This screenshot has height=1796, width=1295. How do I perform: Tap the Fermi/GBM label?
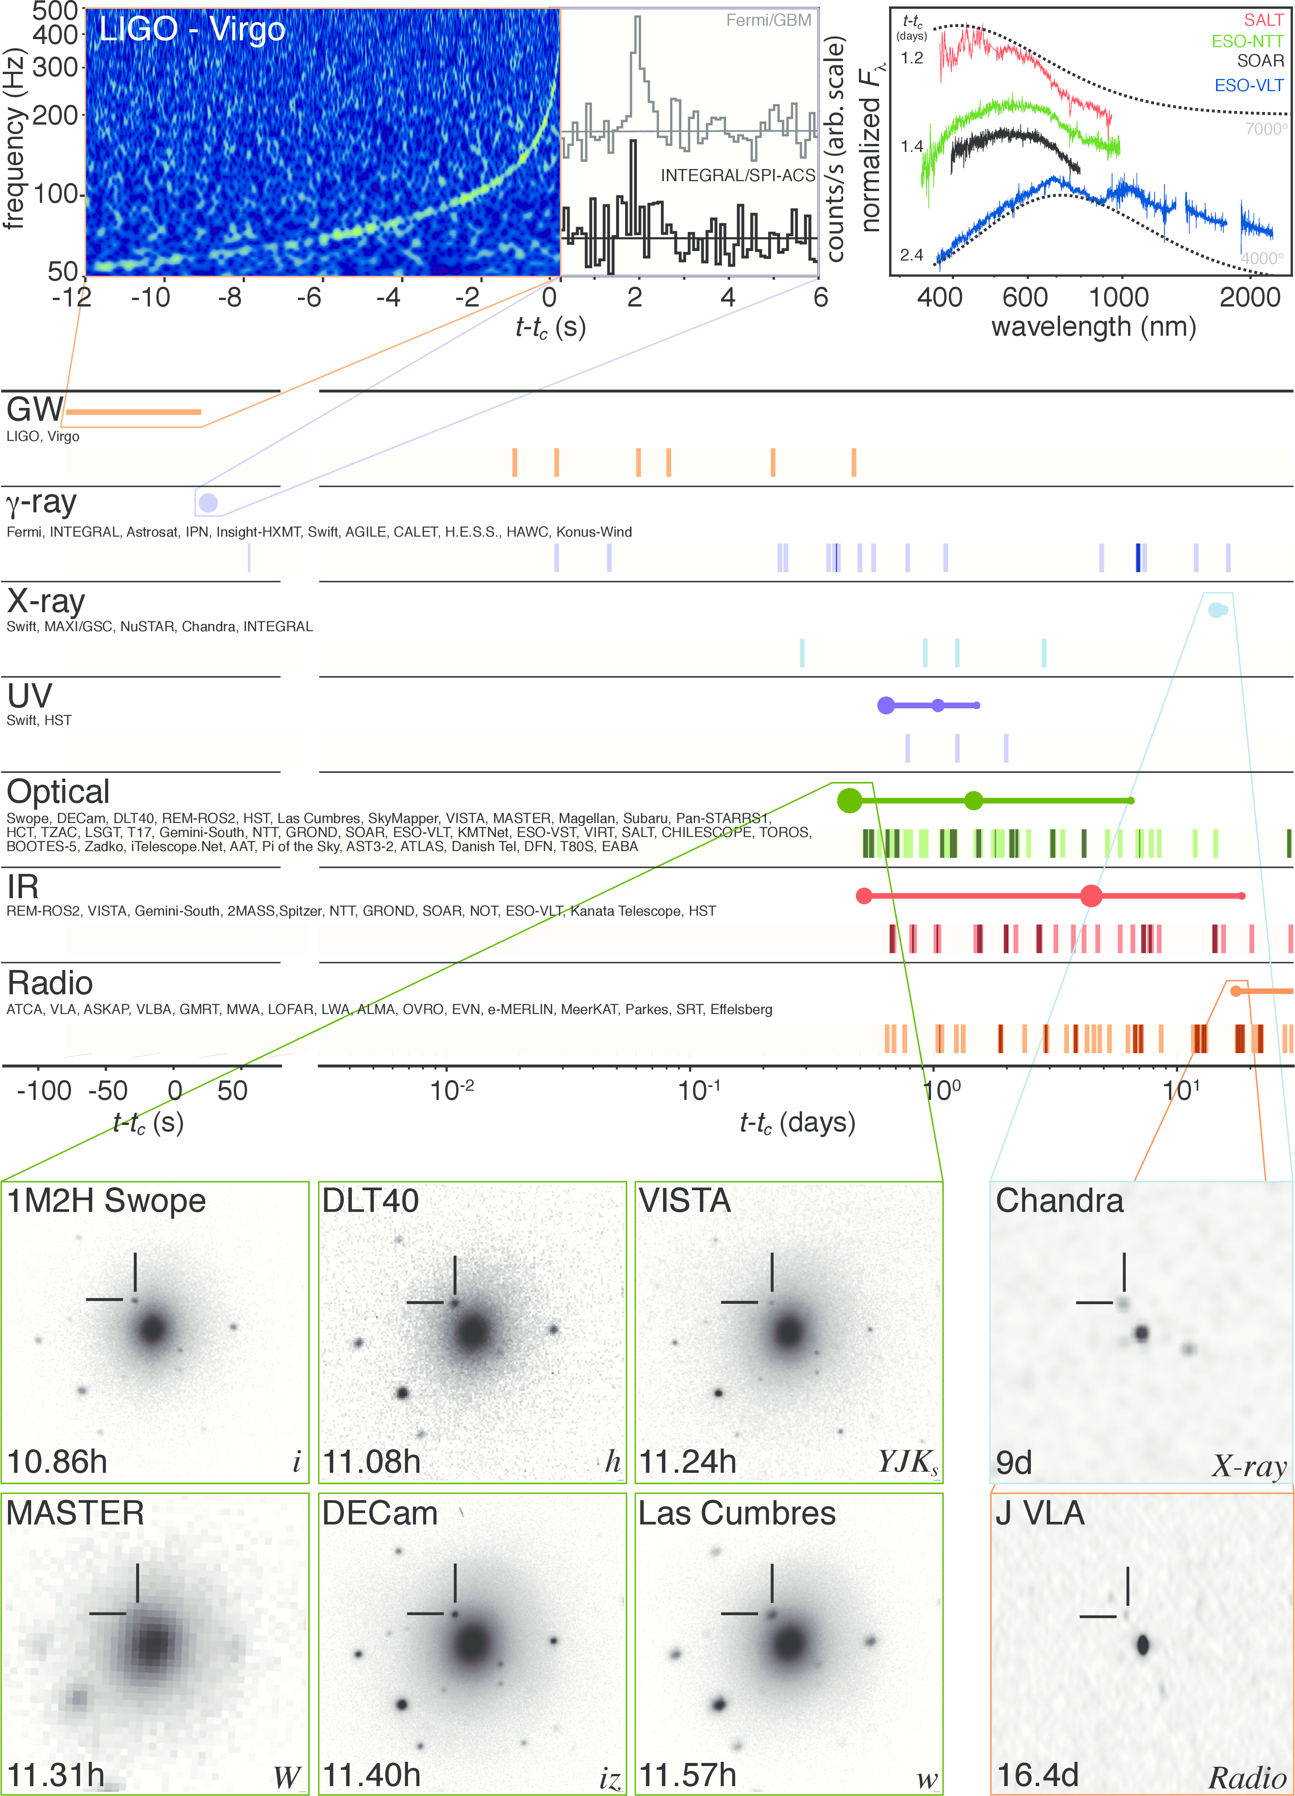(768, 21)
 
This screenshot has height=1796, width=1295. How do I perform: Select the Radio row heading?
(50, 983)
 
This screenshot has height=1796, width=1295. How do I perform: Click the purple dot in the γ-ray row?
(208, 502)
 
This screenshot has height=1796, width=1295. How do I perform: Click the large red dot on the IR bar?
(1091, 896)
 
